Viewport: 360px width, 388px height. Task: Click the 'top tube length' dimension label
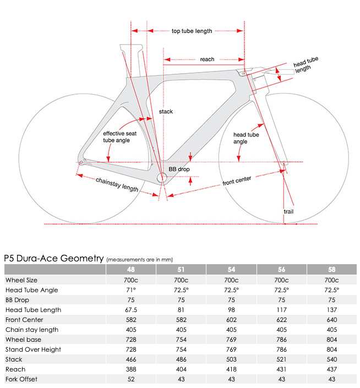click(x=192, y=31)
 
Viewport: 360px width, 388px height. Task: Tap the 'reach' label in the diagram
click(x=207, y=59)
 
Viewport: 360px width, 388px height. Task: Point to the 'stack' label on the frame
click(x=166, y=112)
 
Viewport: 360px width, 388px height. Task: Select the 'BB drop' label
click(x=179, y=169)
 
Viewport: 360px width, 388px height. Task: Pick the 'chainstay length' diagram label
click(x=117, y=185)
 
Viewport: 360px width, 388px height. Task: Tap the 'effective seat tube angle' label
click(x=120, y=136)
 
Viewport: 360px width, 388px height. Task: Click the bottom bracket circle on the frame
click(x=162, y=178)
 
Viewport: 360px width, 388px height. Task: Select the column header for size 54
click(x=231, y=270)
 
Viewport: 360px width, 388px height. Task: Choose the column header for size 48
click(x=131, y=270)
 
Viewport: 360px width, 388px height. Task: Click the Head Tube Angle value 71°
click(x=131, y=290)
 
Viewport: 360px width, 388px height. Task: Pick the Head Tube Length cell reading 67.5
click(x=131, y=310)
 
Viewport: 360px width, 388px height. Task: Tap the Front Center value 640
click(x=332, y=320)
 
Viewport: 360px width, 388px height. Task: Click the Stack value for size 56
click(x=281, y=359)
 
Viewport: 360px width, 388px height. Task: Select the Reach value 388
click(x=131, y=369)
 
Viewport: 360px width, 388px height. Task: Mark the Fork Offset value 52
click(x=131, y=379)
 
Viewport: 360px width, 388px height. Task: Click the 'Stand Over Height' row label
click(x=33, y=349)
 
